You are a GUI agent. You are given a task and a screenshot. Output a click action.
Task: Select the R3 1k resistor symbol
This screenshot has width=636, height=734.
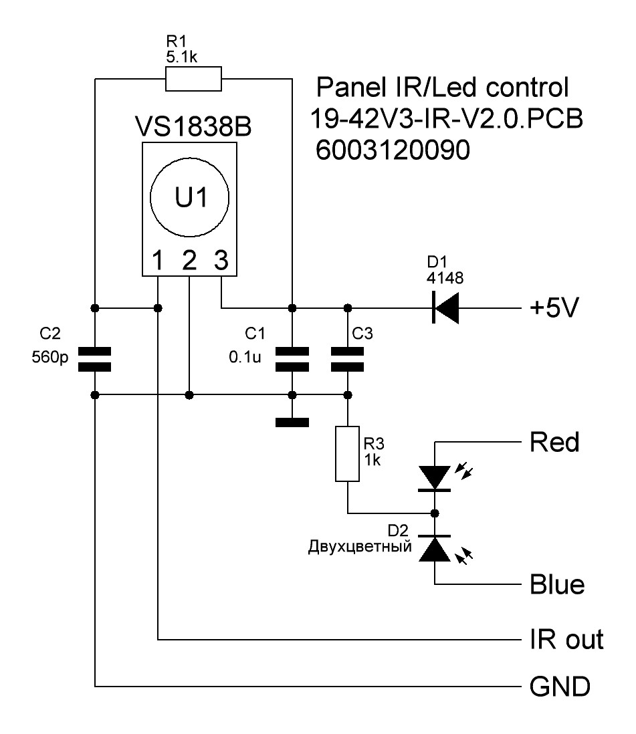click(346, 453)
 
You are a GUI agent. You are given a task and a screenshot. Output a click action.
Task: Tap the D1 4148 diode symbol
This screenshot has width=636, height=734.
click(443, 308)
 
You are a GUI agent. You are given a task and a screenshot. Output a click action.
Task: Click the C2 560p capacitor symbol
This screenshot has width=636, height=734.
click(95, 358)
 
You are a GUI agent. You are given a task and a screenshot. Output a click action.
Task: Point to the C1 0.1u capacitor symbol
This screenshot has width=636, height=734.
click(292, 358)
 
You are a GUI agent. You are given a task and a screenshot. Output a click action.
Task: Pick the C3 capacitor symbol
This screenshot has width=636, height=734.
click(346, 358)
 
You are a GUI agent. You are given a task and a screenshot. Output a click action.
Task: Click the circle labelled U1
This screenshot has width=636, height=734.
click(189, 198)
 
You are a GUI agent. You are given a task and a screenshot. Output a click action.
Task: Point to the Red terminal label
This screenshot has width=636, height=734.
click(554, 443)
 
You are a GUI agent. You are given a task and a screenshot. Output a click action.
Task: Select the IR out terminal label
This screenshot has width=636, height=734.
click(566, 640)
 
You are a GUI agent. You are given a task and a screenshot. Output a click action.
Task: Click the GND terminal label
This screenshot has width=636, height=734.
click(559, 687)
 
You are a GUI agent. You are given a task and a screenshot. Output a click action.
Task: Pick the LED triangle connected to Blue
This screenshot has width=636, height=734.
click(435, 549)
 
